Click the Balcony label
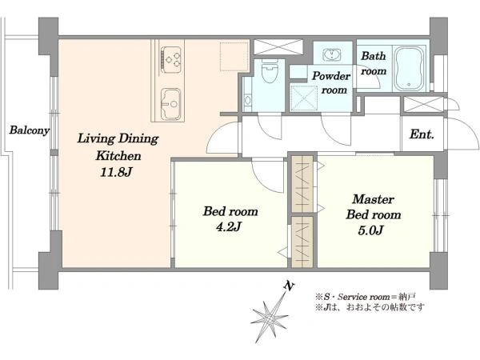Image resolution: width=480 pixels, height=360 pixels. coord(29,130)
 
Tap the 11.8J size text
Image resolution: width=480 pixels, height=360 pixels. coord(116,172)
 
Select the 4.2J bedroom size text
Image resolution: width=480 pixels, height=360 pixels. coord(229,227)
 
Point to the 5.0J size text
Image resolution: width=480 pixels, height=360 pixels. coord(370,230)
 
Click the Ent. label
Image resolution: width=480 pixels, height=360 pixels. coord(422,134)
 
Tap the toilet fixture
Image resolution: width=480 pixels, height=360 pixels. coord(270,70)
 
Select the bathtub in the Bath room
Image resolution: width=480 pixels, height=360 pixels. coord(409,69)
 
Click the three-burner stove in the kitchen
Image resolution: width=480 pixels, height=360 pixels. coord(171,59)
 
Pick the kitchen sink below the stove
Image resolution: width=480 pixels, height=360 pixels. coord(171,104)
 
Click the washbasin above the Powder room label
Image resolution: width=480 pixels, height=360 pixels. coord(332,55)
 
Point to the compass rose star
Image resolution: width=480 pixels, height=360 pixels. coord(270,318)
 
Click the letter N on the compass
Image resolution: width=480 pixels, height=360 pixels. coord(289,286)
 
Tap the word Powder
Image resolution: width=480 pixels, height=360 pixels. coord(331,76)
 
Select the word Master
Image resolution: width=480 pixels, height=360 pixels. coord(373,199)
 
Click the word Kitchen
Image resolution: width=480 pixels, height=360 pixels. coord(118,155)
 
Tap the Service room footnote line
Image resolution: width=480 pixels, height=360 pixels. coord(366,297)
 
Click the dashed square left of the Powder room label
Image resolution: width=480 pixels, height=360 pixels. coord(303,98)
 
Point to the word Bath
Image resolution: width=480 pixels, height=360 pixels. coord(373,56)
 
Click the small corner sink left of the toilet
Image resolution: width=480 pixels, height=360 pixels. coord(247,100)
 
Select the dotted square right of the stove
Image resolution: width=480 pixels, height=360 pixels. coord(234,57)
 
